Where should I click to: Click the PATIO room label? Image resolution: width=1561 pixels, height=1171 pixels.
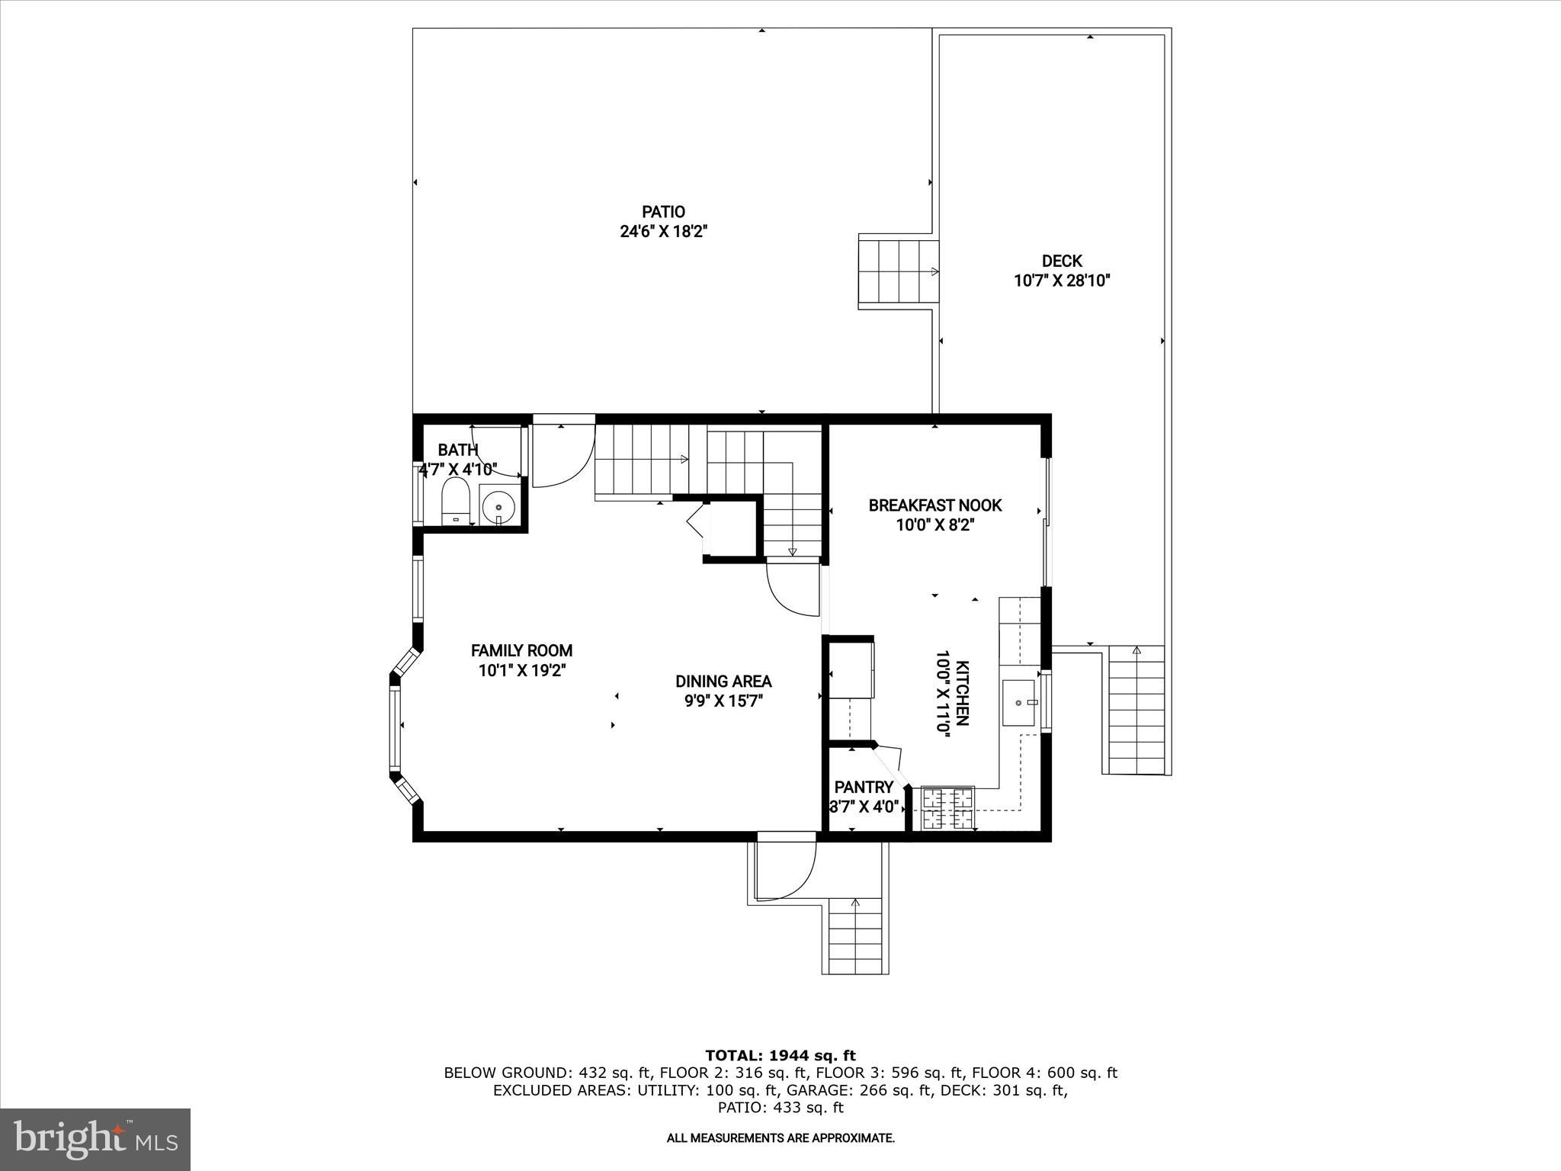pos(662,212)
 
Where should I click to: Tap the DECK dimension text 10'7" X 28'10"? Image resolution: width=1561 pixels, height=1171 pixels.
pos(1061,281)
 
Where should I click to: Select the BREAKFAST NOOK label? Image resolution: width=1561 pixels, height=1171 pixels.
pos(934,505)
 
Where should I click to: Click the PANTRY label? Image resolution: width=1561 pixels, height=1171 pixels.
pos(863,787)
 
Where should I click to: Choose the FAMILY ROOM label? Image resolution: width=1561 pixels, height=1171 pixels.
pos(521,650)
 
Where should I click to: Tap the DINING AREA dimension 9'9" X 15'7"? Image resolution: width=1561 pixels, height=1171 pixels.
pos(723,701)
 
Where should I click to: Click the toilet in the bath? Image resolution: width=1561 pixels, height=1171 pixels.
pos(456,502)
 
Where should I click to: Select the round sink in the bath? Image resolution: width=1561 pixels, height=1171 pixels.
pos(499,505)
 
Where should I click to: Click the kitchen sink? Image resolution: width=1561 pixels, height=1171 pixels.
pos(1019,702)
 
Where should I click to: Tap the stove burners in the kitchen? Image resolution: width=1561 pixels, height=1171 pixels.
pos(948,808)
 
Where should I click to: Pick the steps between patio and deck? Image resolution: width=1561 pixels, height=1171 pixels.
pos(898,271)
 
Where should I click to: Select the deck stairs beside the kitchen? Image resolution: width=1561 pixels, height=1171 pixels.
pos(1136,709)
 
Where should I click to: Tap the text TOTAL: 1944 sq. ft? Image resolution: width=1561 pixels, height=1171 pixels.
pos(780,1055)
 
